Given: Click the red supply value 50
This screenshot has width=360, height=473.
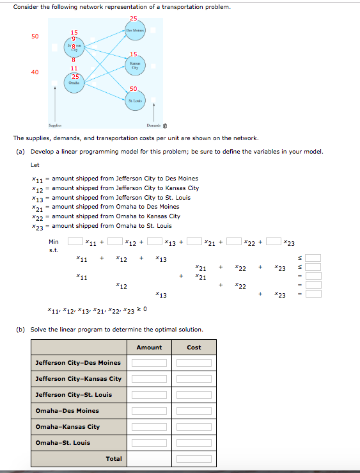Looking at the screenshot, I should pos(35,36).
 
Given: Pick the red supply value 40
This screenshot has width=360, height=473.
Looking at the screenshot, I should pos(35,72).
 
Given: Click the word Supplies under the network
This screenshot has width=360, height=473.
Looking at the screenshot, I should pos(56,126).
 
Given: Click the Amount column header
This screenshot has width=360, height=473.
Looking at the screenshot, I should pos(149,348).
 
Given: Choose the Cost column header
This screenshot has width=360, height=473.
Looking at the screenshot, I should pos(194,348).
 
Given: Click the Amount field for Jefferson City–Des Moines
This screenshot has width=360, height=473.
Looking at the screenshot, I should pos(149,363).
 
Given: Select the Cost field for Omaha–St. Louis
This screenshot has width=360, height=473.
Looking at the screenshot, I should pos(194,443).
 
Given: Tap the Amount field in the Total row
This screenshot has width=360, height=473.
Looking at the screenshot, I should pos(149,459).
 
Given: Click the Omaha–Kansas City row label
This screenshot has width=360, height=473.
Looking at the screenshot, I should pos(68,427).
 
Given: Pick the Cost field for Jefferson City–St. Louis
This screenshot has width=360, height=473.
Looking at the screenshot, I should pos(194,395).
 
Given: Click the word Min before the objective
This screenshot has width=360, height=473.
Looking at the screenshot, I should pos(54,242).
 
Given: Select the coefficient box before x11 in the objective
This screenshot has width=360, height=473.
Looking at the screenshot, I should pos(75,242).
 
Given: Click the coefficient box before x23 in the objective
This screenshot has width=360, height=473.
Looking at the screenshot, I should pos(274,242).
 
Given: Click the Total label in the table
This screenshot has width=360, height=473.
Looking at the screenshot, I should pos(114,459).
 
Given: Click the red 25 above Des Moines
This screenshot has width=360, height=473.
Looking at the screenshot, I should pos(133,17).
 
